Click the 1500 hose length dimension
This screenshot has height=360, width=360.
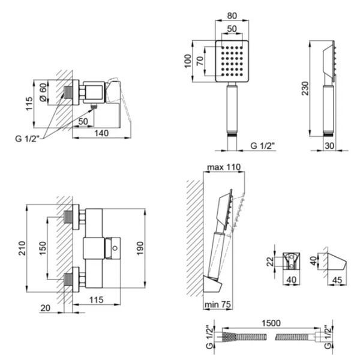pyautogui.click(x=271, y=323)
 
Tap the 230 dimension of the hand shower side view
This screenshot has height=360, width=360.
pyautogui.click(x=305, y=88)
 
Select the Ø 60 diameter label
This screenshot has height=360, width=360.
pyautogui.click(x=43, y=92)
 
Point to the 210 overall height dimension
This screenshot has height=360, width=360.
pyautogui.click(x=22, y=248)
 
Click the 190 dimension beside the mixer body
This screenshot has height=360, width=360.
pyautogui.click(x=140, y=248)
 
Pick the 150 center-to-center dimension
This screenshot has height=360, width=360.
pyautogui.click(x=43, y=248)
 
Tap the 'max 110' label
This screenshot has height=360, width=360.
pyautogui.click(x=224, y=167)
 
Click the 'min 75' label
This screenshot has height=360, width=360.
pyautogui.click(x=218, y=304)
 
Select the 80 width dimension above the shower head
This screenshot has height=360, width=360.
pyautogui.click(x=232, y=16)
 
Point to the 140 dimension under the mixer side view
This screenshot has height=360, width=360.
pyautogui.click(x=101, y=133)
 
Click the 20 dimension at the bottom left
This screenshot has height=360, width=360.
pyautogui.click(x=45, y=308)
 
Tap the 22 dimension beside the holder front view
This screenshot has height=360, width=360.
pyautogui.click(x=270, y=261)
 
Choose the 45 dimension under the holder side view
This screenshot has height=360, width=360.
pyautogui.click(x=337, y=280)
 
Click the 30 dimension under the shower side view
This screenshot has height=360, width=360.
pyautogui.click(x=329, y=146)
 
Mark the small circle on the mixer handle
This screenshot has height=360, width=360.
pyautogui.click(x=115, y=248)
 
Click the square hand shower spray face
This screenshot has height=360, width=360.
pyautogui.click(x=232, y=61)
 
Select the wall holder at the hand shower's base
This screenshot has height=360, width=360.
pyautogui.click(x=212, y=284)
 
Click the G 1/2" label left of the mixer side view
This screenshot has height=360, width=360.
pyautogui.click(x=28, y=139)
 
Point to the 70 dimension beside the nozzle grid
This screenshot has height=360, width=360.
pyautogui.click(x=200, y=61)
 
